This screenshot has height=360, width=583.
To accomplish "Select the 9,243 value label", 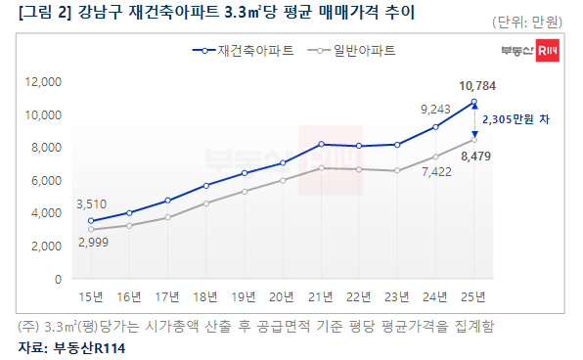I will click(435, 109).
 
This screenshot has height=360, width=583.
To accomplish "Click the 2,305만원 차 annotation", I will click(517, 119).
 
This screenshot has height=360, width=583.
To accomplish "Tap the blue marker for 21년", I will click(321, 144).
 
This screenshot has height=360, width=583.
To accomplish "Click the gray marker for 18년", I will click(205, 203).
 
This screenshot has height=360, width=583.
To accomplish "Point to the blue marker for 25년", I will click(473, 102).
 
